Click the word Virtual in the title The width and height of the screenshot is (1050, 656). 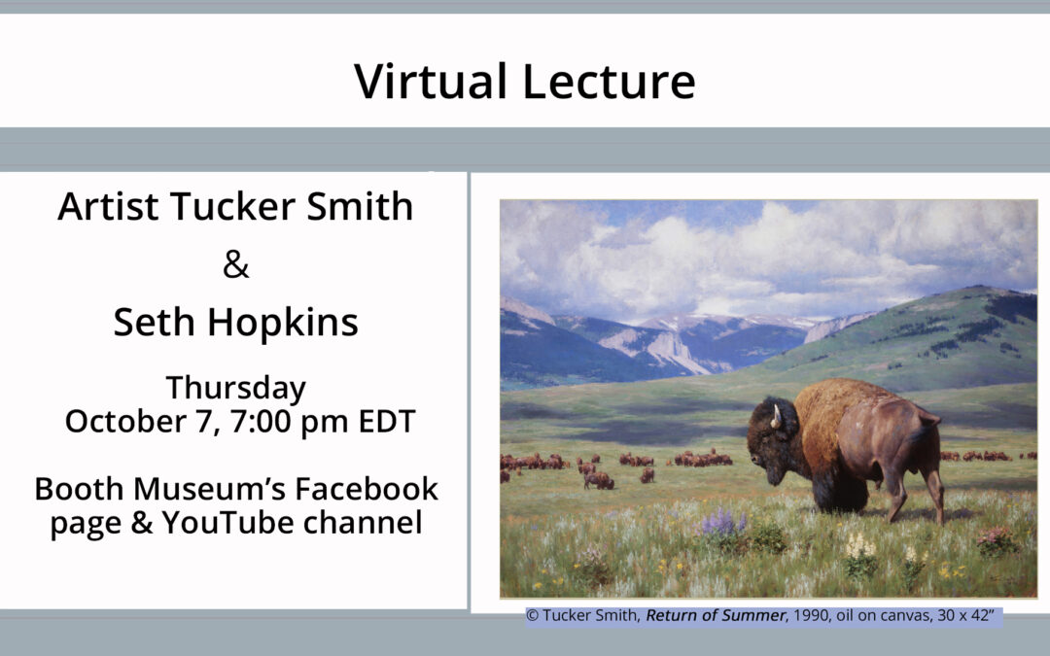tap(431, 81)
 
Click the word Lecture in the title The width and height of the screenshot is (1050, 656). tap(609, 81)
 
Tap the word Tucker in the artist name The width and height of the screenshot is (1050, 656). tap(233, 205)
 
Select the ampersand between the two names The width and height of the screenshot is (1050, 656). tap(235, 264)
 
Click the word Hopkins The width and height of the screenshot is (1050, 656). tap(283, 324)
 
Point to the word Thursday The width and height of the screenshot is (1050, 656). tap(235, 389)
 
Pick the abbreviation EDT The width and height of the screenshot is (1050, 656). tap(387, 421)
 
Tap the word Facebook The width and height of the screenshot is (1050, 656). tap(367, 489)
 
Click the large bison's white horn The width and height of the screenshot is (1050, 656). tap(776, 416)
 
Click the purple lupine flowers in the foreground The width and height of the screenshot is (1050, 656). tap(721, 522)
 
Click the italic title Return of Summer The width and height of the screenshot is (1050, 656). tap(716, 615)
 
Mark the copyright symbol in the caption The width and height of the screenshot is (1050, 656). tap(532, 615)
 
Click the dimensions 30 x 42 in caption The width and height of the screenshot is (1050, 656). tap(965, 615)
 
